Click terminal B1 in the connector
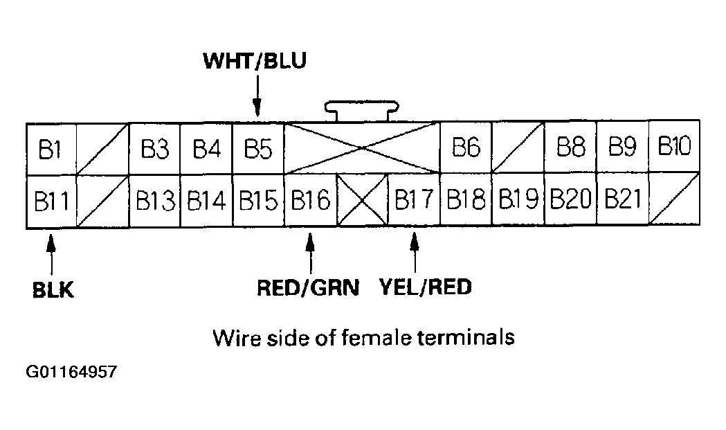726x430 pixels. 51,149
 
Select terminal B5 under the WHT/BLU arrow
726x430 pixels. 257,149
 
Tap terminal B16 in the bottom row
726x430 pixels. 309,201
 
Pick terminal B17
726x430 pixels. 414,201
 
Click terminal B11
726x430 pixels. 51,201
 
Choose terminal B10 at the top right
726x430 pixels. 674,147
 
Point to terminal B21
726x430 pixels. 621,200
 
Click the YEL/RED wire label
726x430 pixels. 426,287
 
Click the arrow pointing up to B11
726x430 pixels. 50,255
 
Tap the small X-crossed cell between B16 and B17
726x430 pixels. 362,201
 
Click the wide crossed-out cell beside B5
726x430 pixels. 362,148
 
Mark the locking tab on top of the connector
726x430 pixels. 363,111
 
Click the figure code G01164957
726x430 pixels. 71,373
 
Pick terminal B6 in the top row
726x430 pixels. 466,148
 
